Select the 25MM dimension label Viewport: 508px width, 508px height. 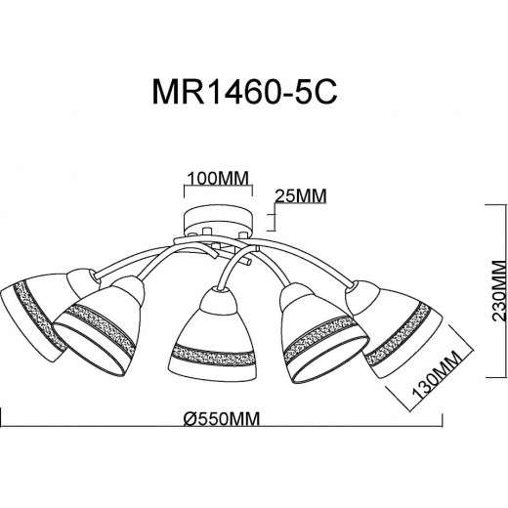[298, 194]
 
